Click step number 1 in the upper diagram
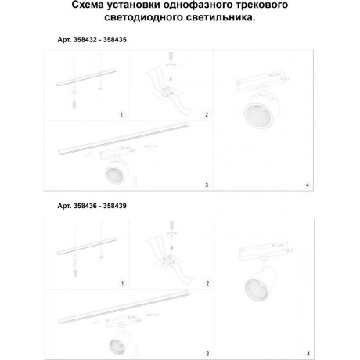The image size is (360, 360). [122, 115]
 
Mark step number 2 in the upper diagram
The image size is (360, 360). [206, 115]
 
